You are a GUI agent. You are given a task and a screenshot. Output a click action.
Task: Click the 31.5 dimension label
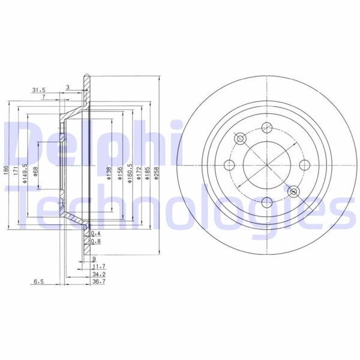tap(39, 91)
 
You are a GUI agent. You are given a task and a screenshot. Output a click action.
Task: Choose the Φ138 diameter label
tap(109, 173)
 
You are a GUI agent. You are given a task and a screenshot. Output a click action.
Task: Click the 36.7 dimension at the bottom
tap(100, 281)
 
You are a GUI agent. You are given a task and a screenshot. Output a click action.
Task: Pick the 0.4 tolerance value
tap(95, 233)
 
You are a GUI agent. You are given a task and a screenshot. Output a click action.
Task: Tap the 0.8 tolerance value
tap(95, 242)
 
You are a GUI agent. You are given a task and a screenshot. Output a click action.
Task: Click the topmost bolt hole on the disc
tap(265, 127)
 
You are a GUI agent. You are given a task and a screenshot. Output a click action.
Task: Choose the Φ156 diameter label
tap(118, 173)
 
